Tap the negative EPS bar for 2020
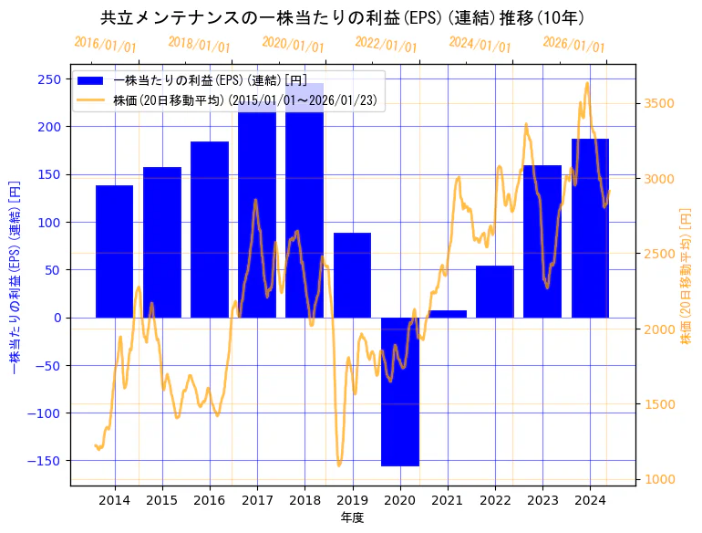click(400, 392)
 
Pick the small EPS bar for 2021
click(448, 314)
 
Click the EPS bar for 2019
click(352, 275)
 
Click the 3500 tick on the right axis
click(658, 103)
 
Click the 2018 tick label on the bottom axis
click(305, 500)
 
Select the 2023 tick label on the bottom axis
click(542, 500)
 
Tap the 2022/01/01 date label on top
click(386, 46)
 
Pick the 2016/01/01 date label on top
click(105, 44)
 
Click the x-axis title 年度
click(352, 517)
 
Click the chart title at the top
click(343, 17)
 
